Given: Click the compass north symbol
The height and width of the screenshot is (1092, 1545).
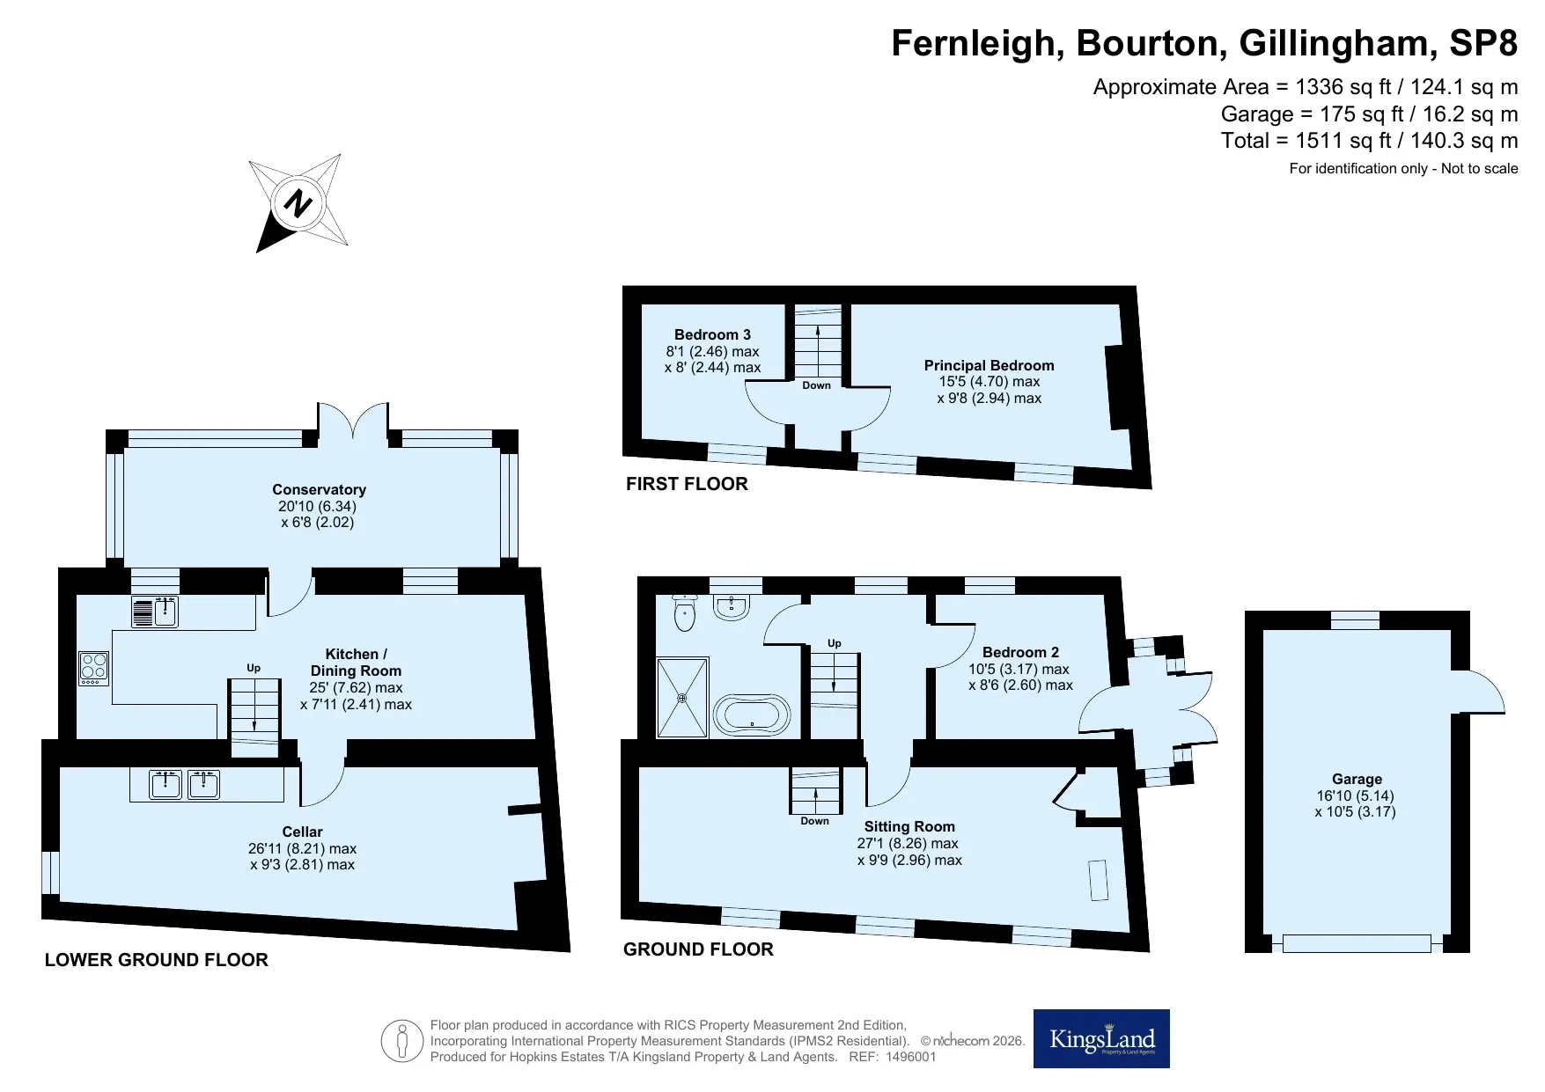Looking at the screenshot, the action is point(298,203).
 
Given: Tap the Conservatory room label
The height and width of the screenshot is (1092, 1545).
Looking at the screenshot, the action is point(319,490).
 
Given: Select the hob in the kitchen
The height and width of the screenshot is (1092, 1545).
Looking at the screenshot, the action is point(93,669).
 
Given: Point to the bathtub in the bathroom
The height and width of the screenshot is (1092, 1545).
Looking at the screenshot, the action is point(752,715).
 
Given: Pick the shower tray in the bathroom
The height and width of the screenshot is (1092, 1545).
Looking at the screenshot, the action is point(682,697).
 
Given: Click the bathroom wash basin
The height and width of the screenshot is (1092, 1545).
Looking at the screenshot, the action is point(732,606).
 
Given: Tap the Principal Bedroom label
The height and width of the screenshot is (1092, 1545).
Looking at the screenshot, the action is point(989,365).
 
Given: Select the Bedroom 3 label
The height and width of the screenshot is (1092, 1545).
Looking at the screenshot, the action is point(712,334).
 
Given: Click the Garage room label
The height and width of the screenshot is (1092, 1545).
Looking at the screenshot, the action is point(1357,779).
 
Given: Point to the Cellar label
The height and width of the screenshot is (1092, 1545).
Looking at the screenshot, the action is point(302,832).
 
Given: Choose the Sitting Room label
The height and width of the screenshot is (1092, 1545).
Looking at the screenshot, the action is point(909,826).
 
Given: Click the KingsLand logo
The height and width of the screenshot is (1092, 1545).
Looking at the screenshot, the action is point(1101,1038).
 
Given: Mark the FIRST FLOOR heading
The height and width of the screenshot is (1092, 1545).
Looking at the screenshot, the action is point(687,484).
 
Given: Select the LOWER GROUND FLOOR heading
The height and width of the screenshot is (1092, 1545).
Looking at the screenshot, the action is point(157,960).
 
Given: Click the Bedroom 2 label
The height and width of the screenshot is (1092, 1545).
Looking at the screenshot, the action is point(1020,652).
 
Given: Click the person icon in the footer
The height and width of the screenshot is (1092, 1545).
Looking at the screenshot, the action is point(402,1041).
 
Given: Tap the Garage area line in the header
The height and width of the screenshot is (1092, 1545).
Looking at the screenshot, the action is point(1369,114).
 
